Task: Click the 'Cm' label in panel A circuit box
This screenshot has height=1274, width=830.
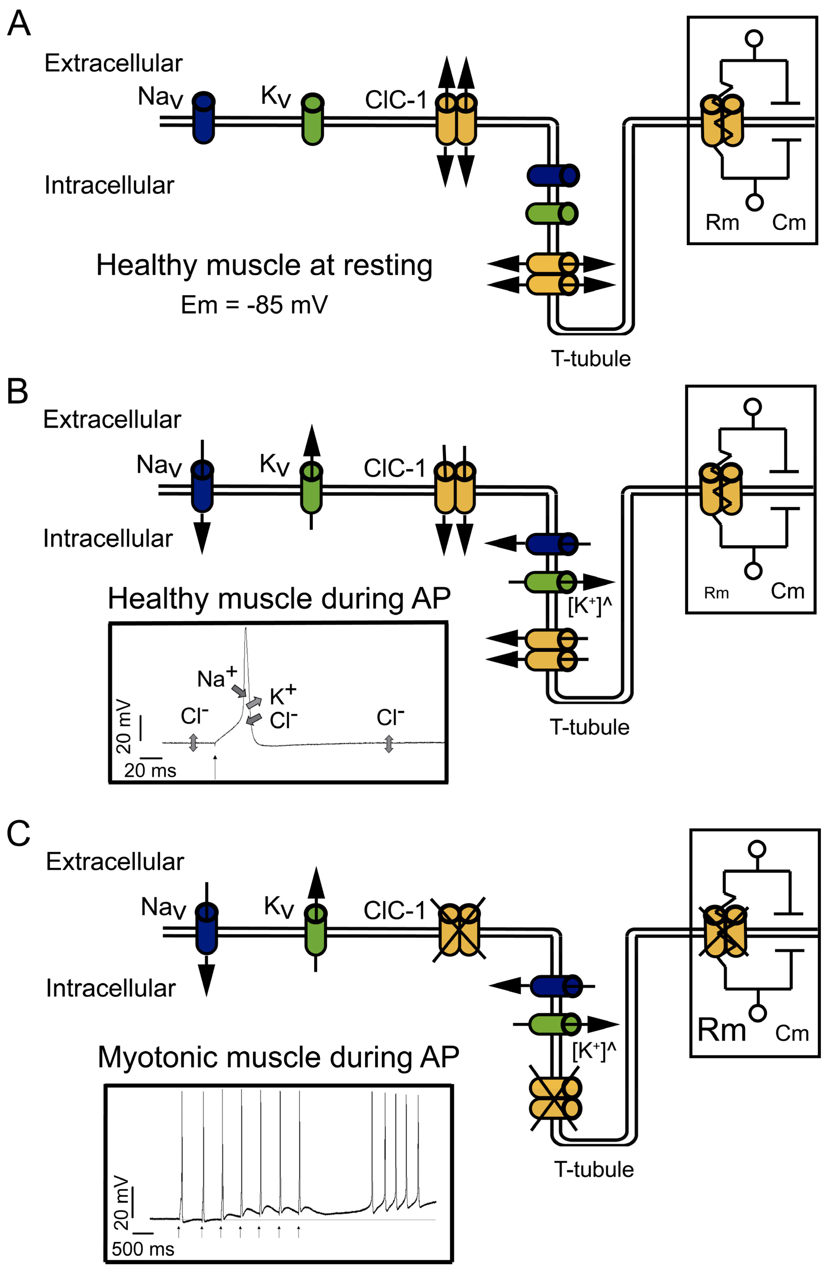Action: tap(788, 222)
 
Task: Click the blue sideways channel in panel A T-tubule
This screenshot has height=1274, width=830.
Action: tap(553, 176)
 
